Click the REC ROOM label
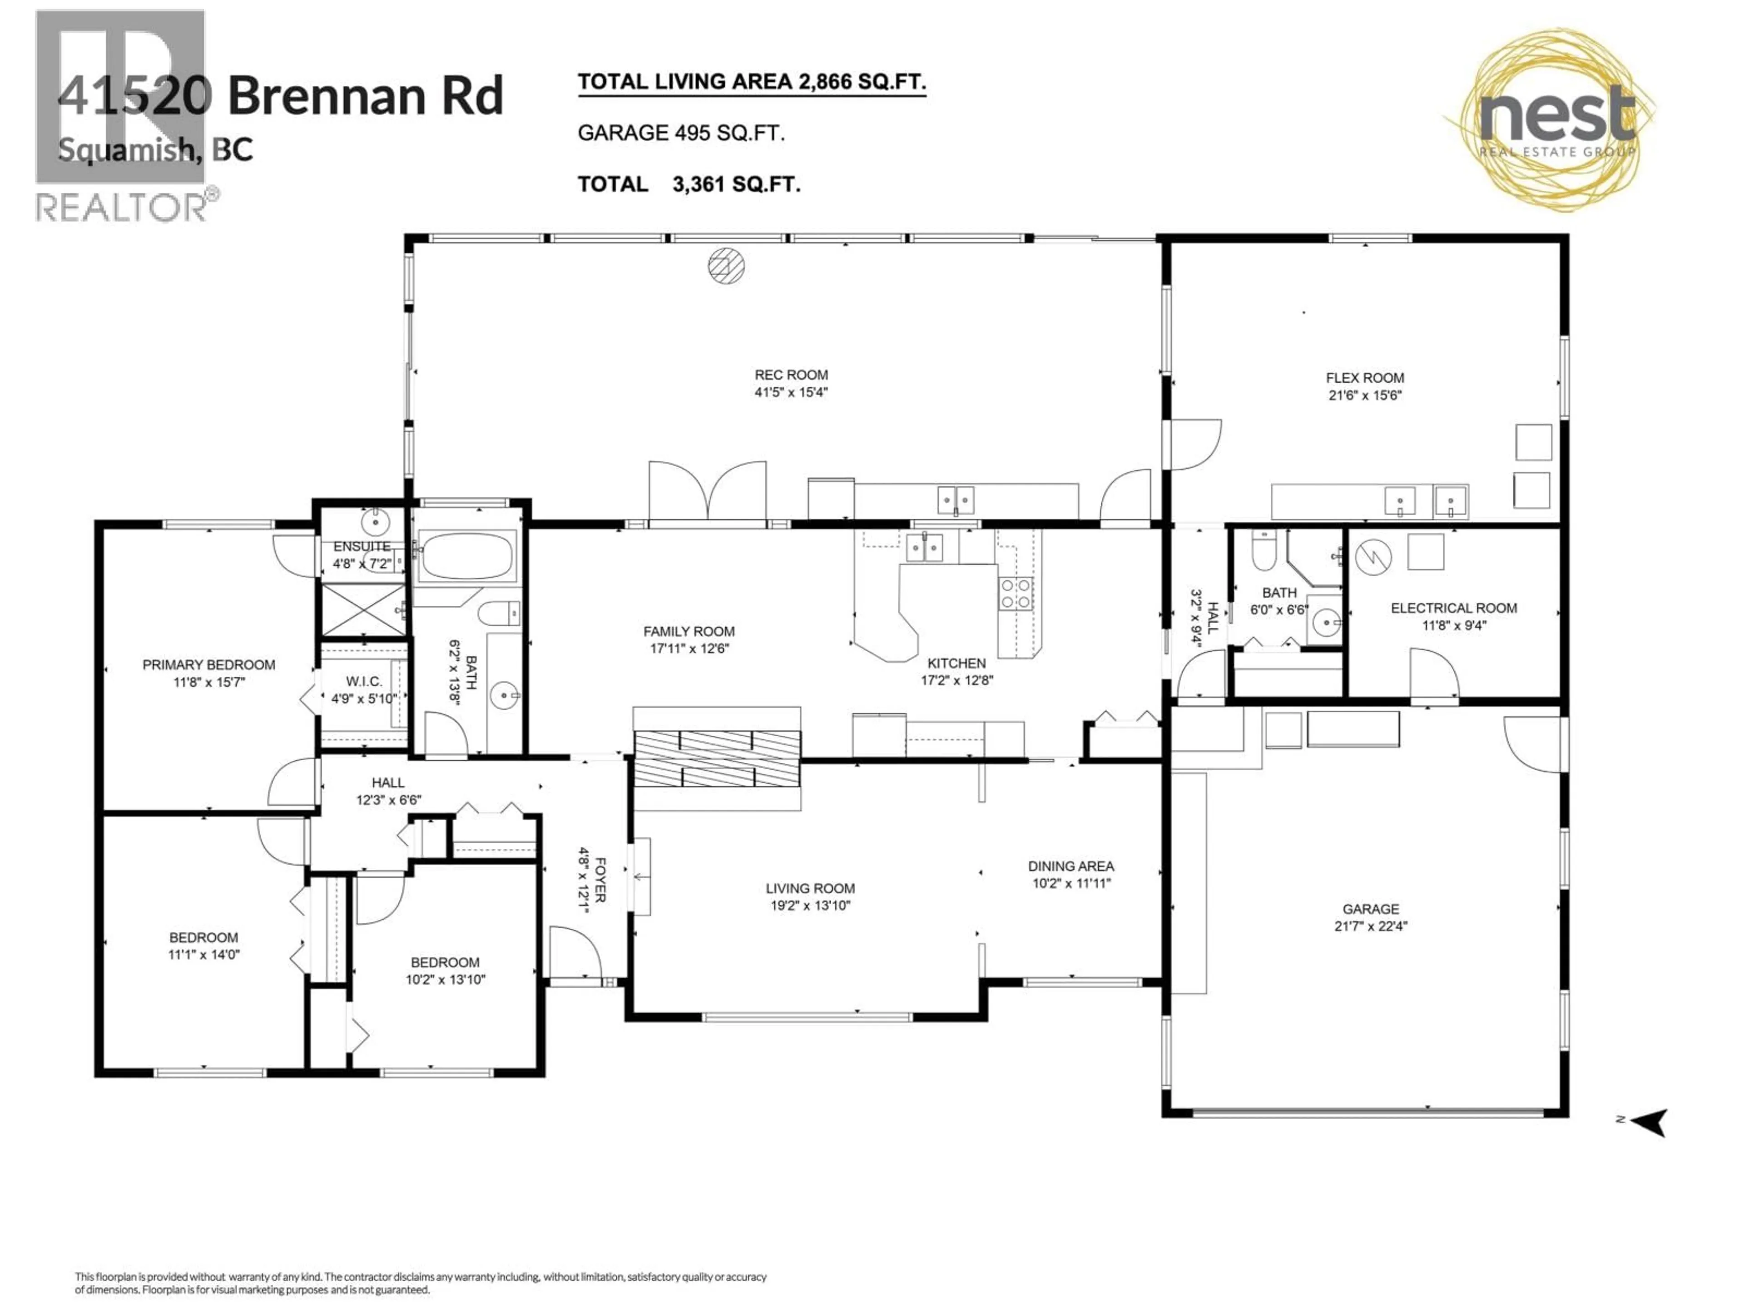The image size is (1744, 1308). [x=791, y=375]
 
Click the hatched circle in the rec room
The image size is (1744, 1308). [x=726, y=266]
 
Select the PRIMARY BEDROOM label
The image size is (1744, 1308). [x=209, y=664]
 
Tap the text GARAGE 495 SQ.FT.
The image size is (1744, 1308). [x=681, y=133]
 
